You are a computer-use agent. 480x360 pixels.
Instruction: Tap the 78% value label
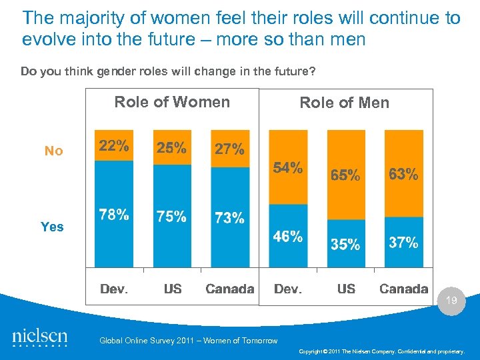coord(113,215)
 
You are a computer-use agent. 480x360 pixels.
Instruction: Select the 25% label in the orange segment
coord(171,148)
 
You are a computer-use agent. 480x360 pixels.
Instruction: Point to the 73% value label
coord(229,218)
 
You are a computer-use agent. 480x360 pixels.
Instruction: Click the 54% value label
coord(287,167)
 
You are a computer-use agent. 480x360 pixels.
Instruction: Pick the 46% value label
coord(287,236)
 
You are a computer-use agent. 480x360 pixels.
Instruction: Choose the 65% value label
coord(345,175)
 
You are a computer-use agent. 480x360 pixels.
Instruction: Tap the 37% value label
coord(403,242)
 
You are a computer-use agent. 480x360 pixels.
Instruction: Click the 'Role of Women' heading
coord(172,102)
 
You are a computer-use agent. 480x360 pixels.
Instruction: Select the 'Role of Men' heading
coord(344,103)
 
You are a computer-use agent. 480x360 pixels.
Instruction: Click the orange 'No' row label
coord(53,151)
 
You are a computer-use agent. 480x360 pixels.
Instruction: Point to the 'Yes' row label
coord(52,227)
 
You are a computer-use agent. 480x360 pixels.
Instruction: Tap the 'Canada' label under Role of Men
coord(403,289)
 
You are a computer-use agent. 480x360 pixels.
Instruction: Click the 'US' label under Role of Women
coord(172,289)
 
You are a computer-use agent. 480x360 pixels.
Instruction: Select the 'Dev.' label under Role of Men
coord(287,289)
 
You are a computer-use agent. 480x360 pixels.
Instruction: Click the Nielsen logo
coord(40,337)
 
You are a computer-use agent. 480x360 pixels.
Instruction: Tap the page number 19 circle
coord(451,301)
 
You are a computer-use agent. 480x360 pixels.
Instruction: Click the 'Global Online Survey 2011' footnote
coord(188,341)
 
